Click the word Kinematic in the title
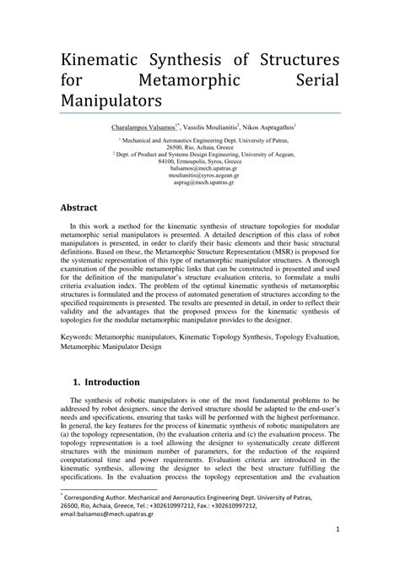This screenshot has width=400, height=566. (x=103, y=61)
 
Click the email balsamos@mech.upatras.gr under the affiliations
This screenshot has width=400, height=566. (x=200, y=167)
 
